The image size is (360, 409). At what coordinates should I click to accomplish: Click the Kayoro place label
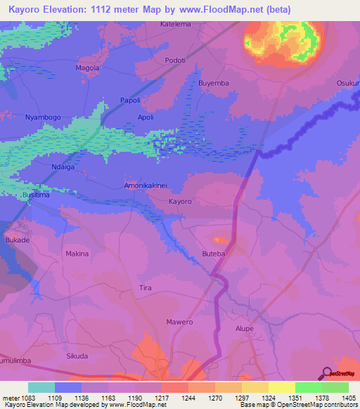(180, 202)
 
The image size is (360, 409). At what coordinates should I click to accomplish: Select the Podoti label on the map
(175, 60)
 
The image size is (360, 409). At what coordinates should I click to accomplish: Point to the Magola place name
(87, 67)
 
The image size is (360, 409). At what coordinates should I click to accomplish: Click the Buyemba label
(214, 83)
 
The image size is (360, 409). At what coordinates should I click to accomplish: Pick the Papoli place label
(131, 100)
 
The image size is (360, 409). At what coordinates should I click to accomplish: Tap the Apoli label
(146, 117)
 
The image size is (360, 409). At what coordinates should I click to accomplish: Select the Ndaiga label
(63, 167)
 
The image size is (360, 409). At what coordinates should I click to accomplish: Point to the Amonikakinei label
(146, 186)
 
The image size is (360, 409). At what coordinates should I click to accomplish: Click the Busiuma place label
(36, 195)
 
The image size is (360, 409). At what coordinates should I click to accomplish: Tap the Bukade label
(18, 240)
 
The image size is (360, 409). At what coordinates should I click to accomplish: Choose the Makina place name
(77, 253)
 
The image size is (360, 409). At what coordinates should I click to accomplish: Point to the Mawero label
(179, 322)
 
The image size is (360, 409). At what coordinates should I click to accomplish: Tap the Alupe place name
(243, 328)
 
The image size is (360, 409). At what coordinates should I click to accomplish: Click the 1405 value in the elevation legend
(348, 398)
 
